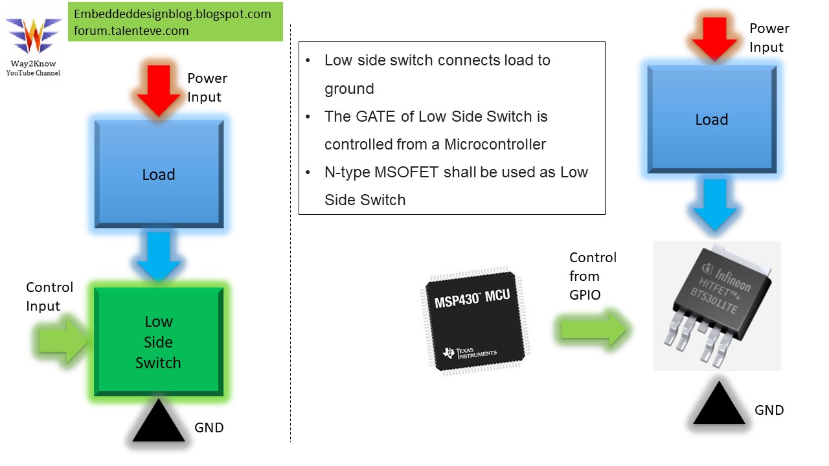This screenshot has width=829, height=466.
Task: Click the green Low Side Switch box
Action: [x=159, y=342]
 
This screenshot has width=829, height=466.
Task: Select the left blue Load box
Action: [x=159, y=174]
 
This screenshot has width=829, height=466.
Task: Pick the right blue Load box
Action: [x=711, y=120]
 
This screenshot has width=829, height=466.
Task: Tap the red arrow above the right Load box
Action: [x=715, y=38]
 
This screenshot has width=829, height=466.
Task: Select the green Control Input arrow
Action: [x=63, y=340]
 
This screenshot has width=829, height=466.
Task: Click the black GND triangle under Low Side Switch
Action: [x=159, y=423]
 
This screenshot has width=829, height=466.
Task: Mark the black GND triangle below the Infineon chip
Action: [x=719, y=405]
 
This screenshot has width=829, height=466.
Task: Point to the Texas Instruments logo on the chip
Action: [x=470, y=353]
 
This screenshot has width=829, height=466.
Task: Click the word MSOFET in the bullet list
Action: [x=416, y=172]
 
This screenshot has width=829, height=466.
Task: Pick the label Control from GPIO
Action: [x=592, y=276]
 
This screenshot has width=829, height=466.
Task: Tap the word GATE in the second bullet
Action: [x=378, y=116]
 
